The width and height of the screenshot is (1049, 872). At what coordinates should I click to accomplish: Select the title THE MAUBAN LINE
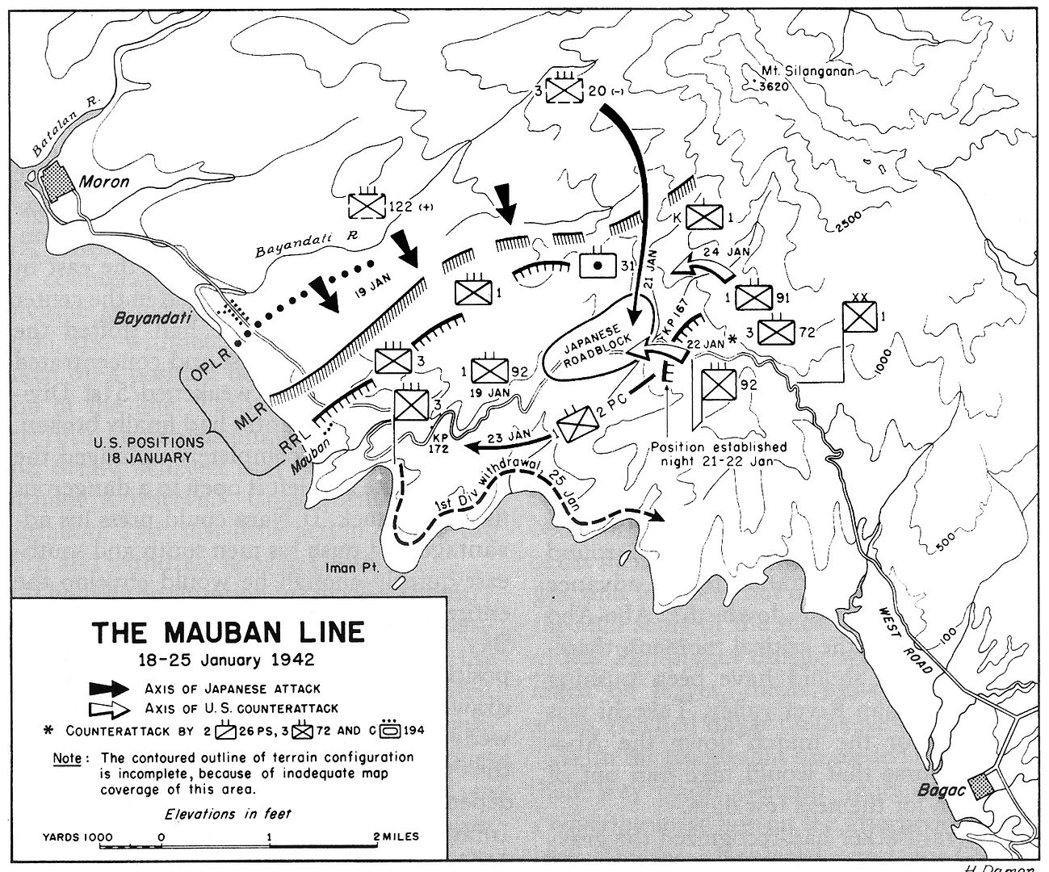coord(227,631)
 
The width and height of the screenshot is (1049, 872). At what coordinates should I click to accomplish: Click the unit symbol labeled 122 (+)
coord(368,206)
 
